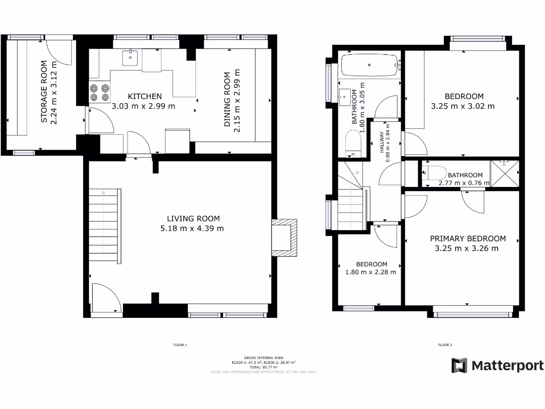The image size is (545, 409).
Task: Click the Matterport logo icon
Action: click(459, 365)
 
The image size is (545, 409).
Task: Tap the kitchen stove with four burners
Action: click(98, 92)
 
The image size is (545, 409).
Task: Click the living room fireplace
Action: click(284, 238)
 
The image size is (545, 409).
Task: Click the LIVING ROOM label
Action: click(193, 218)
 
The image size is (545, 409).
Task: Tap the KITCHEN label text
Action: click(145, 96)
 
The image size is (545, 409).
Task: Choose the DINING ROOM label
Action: click(227, 100)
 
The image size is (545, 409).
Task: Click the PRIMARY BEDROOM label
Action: click(467, 239)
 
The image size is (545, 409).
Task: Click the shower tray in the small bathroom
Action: click(503, 174)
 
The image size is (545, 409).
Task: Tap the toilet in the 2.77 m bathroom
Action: click(431, 173)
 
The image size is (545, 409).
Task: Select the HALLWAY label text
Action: click(382, 143)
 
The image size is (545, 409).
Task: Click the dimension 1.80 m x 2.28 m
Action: click(370, 272)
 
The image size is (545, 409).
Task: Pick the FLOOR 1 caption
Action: click(180, 345)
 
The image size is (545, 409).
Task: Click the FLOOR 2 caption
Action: click(445, 345)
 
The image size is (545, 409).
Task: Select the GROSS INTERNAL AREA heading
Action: click(263, 358)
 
